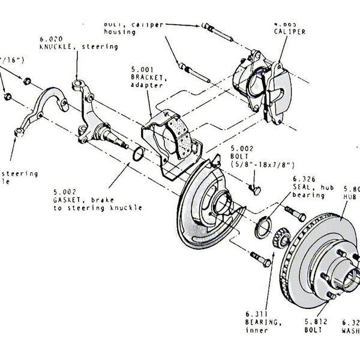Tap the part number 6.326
pyautogui.click(x=304, y=178)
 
